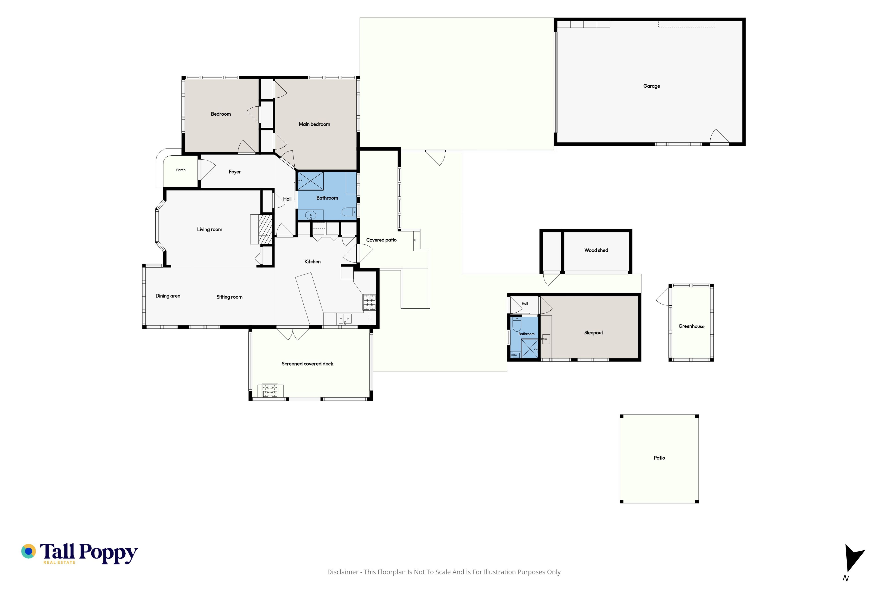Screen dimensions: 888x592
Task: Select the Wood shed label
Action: pos(596,250)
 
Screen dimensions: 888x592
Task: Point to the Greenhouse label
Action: pos(691,326)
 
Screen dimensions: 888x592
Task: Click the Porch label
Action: pos(181,170)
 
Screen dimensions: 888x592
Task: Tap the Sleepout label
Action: pos(594,333)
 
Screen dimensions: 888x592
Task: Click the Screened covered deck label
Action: pos(307,364)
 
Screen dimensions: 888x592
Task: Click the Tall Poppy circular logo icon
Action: pos(28,551)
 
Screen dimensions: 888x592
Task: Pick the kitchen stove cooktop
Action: pos(369,302)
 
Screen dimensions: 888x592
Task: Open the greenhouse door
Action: pos(664,296)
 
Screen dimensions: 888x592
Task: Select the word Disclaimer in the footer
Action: pos(343,572)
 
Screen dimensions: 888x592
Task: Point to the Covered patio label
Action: pos(381,240)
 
